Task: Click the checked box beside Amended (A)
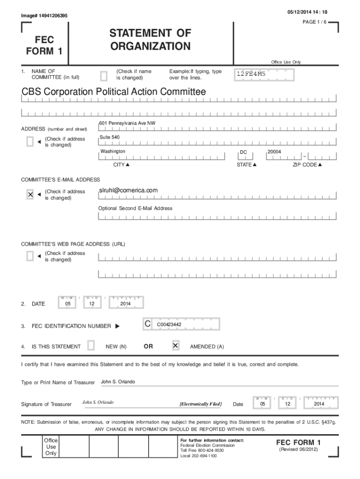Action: pos(175,346)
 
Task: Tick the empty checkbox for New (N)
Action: pos(91,346)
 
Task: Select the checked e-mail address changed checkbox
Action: pos(30,194)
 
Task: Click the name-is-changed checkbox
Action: pos(104,75)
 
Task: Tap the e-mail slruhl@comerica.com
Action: pos(128,190)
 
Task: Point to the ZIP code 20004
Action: pos(274,152)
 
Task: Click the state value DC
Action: pos(243,152)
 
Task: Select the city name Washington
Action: pos(113,152)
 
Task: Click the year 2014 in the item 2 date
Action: pos(125,304)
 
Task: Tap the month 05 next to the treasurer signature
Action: pos(263,404)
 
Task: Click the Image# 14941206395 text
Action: pos(44,16)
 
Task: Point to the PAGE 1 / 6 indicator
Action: pos(316,22)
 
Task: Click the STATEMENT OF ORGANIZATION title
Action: pos(150,40)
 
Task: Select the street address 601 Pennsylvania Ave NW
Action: pos(127,123)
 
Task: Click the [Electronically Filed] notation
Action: pos(201,404)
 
